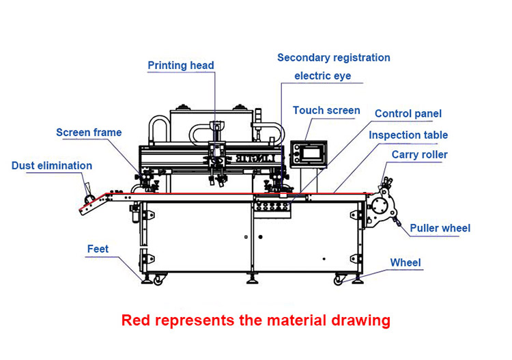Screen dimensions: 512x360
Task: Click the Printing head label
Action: (x=181, y=66)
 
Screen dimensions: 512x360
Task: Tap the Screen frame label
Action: (x=89, y=133)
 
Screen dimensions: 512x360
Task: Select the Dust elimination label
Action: (x=52, y=165)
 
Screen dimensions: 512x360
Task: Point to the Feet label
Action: (x=98, y=249)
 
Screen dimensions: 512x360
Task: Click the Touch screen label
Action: (x=326, y=111)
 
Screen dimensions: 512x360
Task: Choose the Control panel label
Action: (x=408, y=113)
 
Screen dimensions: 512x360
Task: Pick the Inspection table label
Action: (x=408, y=135)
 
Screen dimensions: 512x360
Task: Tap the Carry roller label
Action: (x=420, y=154)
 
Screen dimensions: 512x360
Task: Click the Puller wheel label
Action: (x=440, y=228)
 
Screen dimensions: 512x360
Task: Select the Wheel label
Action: (x=406, y=262)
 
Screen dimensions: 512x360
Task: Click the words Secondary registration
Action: (x=334, y=57)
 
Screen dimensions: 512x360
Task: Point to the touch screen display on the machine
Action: (x=311, y=154)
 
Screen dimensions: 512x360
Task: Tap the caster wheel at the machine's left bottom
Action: (x=158, y=280)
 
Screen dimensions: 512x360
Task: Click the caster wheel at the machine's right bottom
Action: (x=339, y=280)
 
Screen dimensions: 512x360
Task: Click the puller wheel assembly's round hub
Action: (x=380, y=206)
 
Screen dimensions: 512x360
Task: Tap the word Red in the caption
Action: (x=136, y=320)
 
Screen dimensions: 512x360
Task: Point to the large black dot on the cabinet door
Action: (x=260, y=237)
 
